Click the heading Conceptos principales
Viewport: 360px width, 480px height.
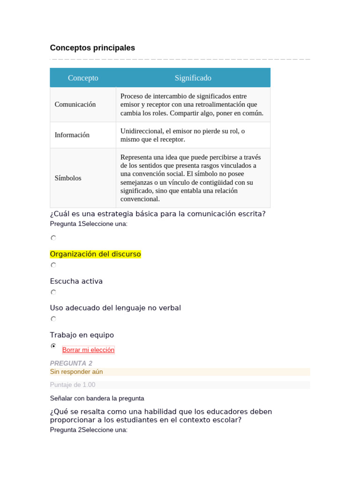92,48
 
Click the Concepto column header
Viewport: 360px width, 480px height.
83,78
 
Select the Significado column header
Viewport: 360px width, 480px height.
193,78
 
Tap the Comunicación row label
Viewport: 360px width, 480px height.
75,105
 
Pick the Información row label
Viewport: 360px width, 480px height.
72,135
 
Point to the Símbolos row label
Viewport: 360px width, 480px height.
68,178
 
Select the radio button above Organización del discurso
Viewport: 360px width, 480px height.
53,238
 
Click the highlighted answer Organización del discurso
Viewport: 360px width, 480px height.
95,254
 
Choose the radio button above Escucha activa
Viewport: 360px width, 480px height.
53,265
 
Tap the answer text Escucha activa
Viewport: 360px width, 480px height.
76,281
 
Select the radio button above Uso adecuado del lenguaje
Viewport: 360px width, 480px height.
53,292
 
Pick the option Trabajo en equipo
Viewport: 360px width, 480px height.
82,335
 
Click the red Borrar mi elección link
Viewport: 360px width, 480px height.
88,350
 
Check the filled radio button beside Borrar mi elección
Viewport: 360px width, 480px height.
53,346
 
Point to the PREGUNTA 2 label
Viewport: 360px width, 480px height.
71,363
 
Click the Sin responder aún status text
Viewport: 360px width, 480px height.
76,372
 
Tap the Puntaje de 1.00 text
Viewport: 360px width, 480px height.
72,385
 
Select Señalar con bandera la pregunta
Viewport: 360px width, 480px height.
97,398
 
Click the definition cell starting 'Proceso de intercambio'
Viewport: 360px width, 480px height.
192,105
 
